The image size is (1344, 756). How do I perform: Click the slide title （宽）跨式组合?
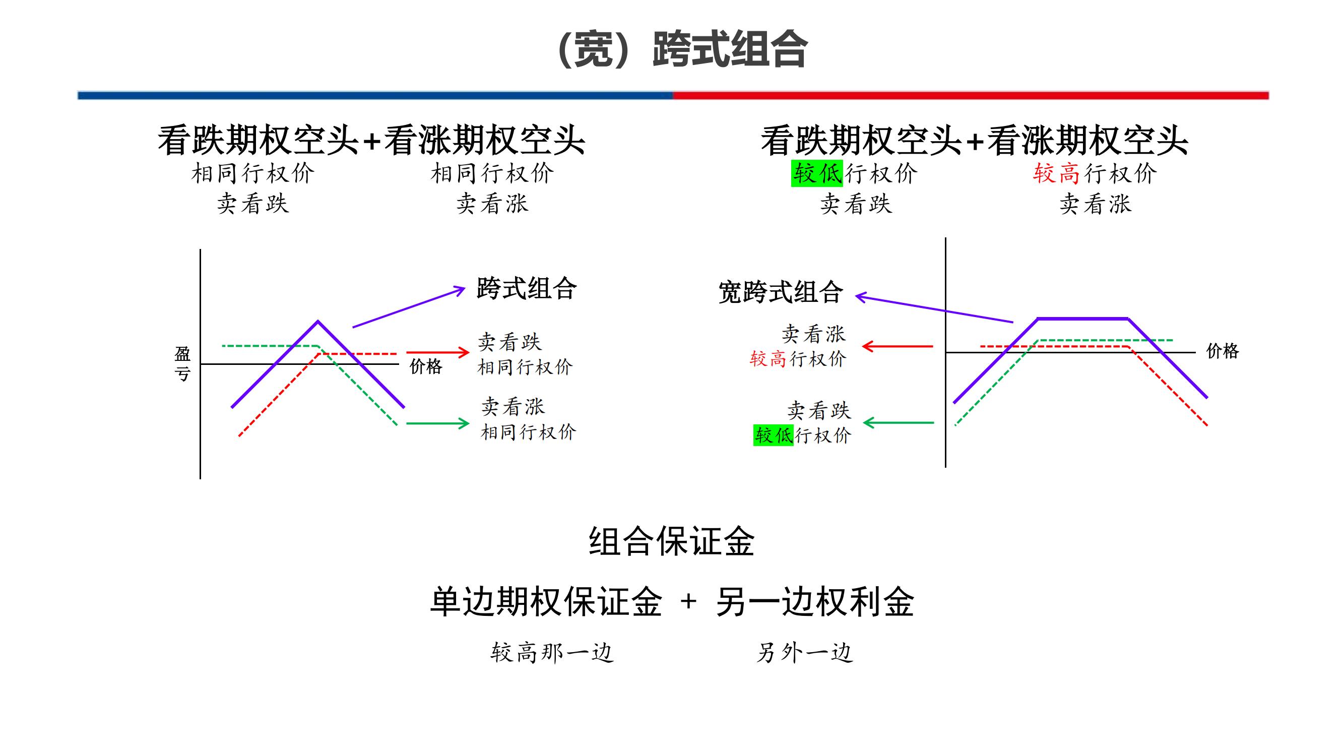click(x=682, y=49)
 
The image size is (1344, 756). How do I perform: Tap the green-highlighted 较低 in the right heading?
click(x=816, y=173)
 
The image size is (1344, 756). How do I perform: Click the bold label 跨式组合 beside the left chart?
click(x=527, y=288)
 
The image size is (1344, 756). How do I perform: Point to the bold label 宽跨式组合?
click(x=781, y=292)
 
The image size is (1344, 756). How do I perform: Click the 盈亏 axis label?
click(x=182, y=364)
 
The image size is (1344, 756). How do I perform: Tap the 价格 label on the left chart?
click(x=426, y=366)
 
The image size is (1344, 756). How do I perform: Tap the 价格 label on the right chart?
click(x=1222, y=351)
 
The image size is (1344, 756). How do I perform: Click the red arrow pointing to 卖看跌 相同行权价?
click(x=437, y=352)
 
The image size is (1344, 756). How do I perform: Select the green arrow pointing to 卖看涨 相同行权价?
click(x=437, y=423)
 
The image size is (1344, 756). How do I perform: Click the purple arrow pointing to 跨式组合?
click(x=408, y=307)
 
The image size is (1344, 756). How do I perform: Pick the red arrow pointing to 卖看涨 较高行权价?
click(x=898, y=346)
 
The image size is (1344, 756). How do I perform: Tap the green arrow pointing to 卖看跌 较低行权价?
click(x=899, y=423)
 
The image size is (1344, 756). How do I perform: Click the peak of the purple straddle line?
click(x=318, y=322)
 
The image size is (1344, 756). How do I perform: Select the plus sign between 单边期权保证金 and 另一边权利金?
click(x=688, y=602)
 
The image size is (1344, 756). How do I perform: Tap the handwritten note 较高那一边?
click(x=551, y=652)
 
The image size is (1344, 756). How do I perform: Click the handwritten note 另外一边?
click(x=804, y=652)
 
